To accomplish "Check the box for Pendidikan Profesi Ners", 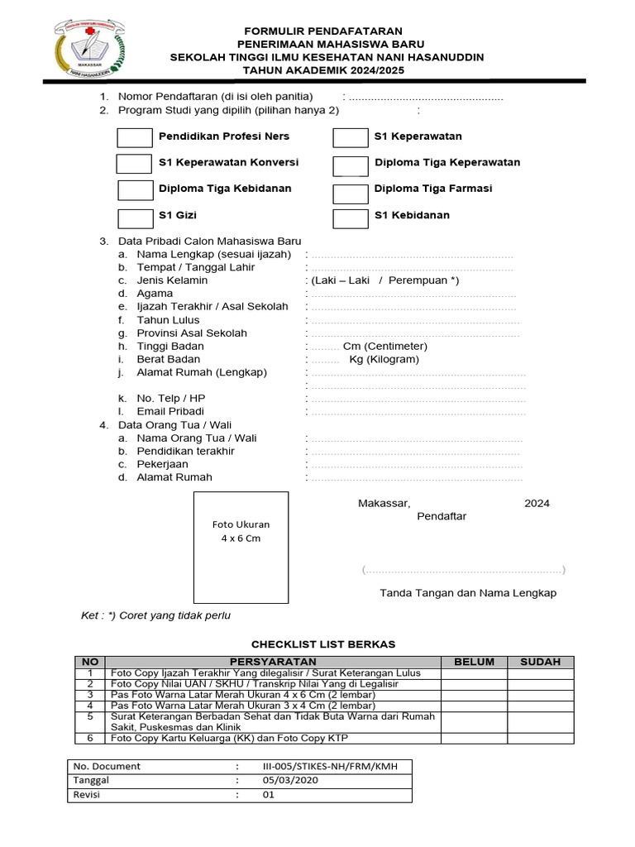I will click(135, 137).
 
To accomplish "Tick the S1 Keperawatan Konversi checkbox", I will click(134, 163).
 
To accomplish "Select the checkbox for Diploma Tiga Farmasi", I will click(351, 194).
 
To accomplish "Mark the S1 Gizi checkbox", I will click(135, 218).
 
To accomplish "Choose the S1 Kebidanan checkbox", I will click(351, 218).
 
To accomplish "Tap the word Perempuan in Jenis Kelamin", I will click(418, 280).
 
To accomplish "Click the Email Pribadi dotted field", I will click(417, 411).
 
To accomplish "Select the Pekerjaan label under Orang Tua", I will click(162, 464).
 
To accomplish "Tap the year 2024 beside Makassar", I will click(537, 503).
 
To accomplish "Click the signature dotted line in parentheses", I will click(464, 570).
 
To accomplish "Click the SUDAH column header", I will click(540, 662).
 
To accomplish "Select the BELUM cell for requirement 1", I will click(474, 673).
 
